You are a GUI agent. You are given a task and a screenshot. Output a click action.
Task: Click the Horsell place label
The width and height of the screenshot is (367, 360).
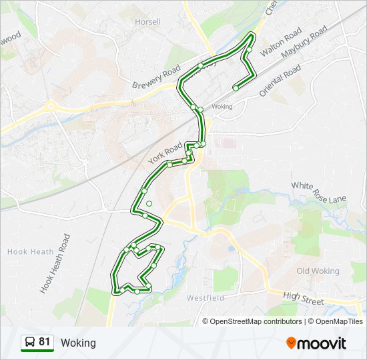tap(147, 22)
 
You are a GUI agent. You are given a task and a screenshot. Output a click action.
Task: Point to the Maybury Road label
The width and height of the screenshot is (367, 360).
tap(304, 43)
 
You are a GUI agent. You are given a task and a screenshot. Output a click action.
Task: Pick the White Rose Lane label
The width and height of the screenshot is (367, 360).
tap(319, 192)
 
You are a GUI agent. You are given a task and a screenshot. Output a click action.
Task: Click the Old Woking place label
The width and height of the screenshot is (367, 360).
tap(318, 271)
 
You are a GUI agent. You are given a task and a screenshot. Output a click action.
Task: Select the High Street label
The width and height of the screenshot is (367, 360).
tap(303, 298)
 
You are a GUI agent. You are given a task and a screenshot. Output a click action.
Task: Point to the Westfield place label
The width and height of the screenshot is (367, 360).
tap(206, 297)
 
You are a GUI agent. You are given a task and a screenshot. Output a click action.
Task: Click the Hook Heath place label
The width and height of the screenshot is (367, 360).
tap(27, 251)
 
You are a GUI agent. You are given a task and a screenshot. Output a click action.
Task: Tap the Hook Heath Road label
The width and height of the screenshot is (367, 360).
tap(55, 264)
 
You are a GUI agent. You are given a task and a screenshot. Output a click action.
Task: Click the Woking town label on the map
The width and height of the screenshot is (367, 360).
tap(222, 107)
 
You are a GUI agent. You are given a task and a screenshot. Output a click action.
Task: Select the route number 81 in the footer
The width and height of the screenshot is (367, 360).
tap(45, 342)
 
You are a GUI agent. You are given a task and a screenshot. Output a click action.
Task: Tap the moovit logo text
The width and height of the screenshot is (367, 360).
tap(322, 343)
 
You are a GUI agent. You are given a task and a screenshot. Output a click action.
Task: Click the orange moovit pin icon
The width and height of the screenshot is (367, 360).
tap(291, 343)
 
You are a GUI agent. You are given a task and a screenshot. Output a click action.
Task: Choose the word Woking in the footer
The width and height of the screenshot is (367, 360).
tap(78, 343)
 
